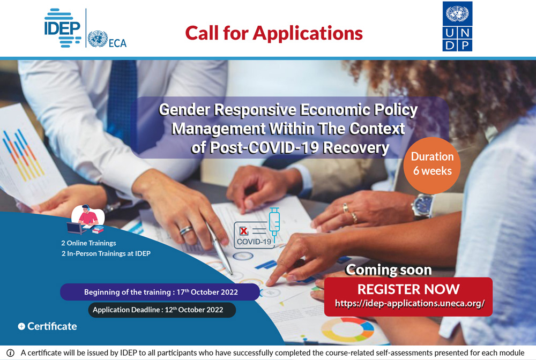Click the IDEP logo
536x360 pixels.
[63, 28]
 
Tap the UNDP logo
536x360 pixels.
[457, 26]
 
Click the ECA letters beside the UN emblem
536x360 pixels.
[117, 43]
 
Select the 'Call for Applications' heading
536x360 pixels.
[274, 33]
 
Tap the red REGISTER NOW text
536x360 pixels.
[408, 289]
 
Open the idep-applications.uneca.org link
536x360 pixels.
[410, 303]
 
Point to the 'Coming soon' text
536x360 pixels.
[389, 270]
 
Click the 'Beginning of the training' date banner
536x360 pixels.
[160, 292]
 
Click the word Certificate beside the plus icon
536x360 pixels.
[52, 326]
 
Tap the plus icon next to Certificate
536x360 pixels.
[21, 327]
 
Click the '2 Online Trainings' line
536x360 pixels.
[88, 243]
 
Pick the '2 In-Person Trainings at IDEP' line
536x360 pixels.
[106, 253]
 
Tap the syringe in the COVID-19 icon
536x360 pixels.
[274, 224]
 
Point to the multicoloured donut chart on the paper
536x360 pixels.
[347, 329]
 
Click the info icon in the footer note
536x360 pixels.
[11, 353]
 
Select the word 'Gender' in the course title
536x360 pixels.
[184, 110]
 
